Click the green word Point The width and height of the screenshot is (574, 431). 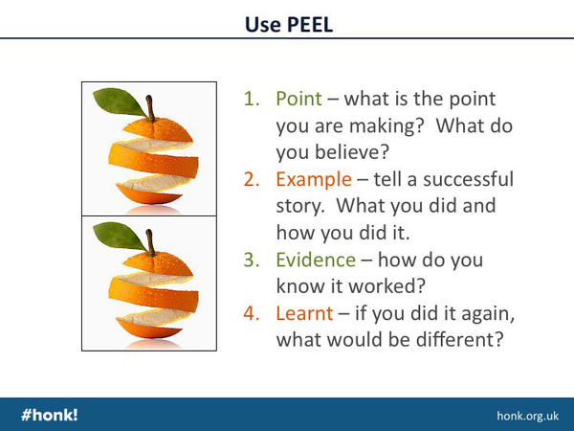coord(298,99)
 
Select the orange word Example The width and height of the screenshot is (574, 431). coord(314,180)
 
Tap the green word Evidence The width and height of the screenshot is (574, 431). coord(316,260)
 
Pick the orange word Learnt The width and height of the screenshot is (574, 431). coord(304,314)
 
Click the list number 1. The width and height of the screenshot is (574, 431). coord(251,99)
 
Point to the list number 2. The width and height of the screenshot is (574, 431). coord(251,180)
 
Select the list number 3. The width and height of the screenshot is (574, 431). coord(251,260)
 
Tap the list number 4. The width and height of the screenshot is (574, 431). coord(251,314)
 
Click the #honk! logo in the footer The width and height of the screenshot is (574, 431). coord(50,415)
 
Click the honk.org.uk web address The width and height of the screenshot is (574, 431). coord(527,416)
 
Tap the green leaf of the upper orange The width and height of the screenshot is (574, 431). coord(119,102)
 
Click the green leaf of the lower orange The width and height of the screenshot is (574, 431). coord(119,236)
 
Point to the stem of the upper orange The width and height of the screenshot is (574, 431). coord(150,108)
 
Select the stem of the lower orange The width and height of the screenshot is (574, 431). coord(150,242)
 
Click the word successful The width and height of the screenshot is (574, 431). coord(468,179)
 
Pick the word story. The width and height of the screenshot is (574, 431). coord(300,206)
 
